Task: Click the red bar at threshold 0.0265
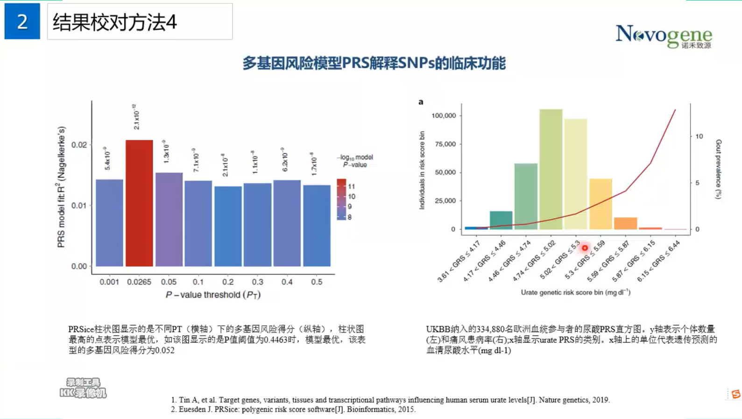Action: click(139, 203)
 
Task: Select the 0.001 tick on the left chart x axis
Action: click(109, 282)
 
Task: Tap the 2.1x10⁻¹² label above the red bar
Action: click(136, 117)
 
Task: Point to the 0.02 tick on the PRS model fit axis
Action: click(79, 145)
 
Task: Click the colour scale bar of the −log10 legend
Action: click(341, 199)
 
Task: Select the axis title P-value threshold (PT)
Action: click(213, 295)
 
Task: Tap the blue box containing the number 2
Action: click(22, 21)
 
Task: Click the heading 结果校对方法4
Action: click(115, 22)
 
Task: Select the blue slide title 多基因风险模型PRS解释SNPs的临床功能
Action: click(374, 63)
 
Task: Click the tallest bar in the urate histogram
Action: click(551, 169)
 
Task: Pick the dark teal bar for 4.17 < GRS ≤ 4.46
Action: click(501, 220)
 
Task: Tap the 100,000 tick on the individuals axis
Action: click(444, 115)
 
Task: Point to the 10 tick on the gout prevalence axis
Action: click(699, 136)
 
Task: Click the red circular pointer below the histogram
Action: click(585, 248)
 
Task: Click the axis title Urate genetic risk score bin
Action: click(575, 292)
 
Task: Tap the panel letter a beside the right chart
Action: click(421, 102)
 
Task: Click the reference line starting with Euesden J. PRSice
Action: click(297, 409)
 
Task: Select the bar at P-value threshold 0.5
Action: click(317, 226)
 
